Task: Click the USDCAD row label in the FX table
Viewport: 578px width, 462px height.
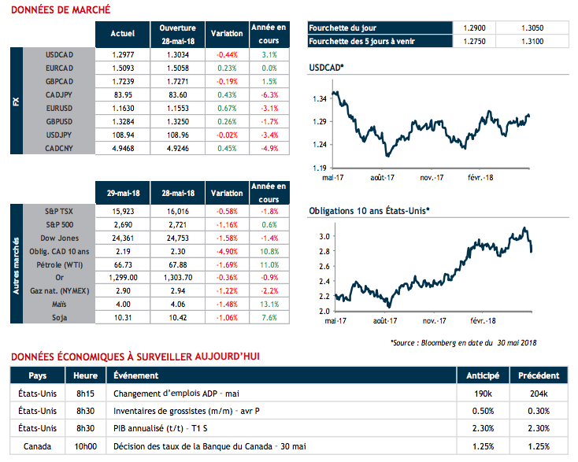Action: tap(60, 54)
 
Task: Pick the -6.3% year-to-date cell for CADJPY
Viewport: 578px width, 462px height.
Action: tap(269, 94)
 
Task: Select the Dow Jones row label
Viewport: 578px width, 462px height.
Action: tap(60, 237)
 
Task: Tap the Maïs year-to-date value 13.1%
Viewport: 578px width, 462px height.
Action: tap(269, 304)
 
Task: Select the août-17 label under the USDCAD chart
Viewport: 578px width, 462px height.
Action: tap(383, 179)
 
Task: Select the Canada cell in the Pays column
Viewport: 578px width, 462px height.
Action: tap(38, 447)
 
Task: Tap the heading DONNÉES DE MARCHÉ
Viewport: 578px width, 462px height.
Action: tap(60, 10)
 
